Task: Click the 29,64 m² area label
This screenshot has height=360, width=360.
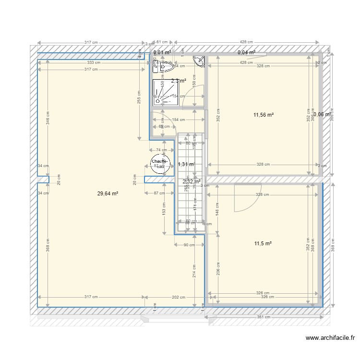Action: click(x=108, y=193)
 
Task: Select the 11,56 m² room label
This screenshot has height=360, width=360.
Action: click(x=264, y=115)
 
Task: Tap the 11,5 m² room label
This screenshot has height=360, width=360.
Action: click(x=263, y=244)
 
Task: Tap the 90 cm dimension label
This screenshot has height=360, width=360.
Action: click(x=189, y=245)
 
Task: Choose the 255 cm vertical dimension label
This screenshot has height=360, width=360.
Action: click(x=139, y=98)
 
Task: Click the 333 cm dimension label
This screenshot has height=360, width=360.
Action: click(x=94, y=62)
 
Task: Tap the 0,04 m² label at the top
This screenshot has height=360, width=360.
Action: click(x=246, y=53)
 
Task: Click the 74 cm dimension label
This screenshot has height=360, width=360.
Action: click(x=162, y=150)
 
